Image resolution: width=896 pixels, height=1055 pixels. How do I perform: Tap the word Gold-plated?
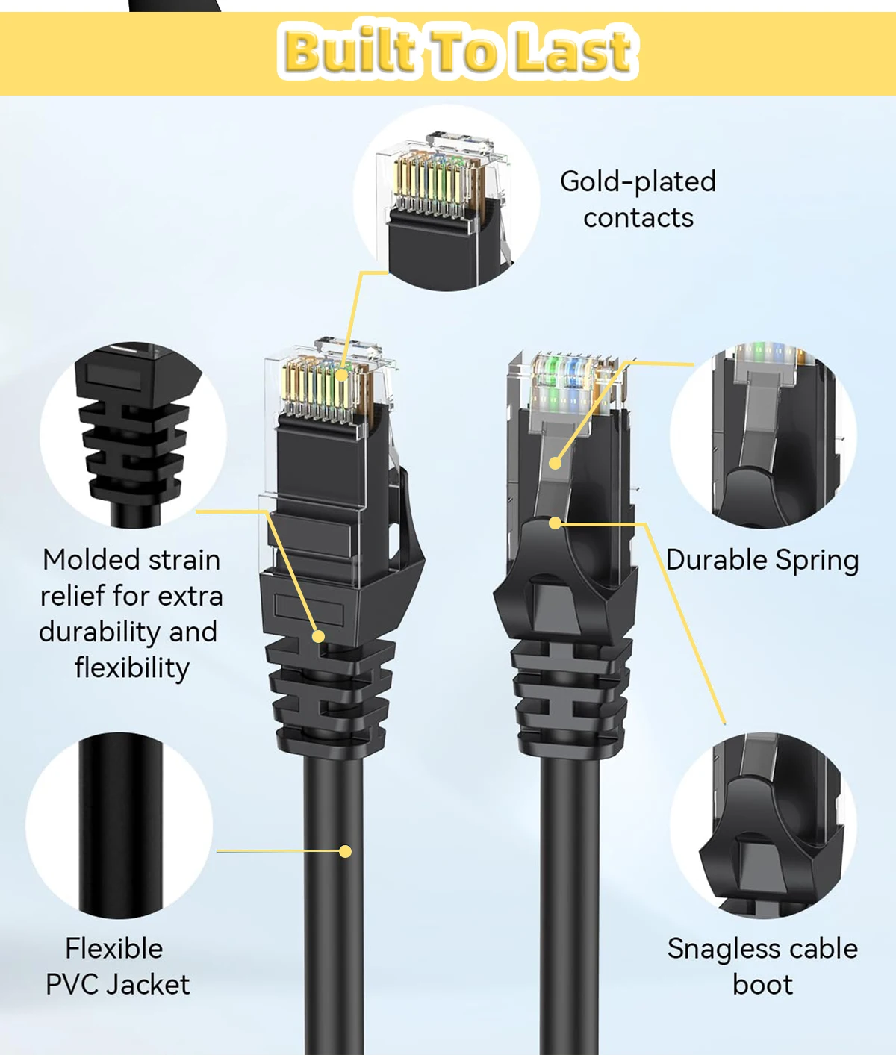pos(638,181)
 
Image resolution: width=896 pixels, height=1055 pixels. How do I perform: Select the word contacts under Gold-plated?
pos(638,218)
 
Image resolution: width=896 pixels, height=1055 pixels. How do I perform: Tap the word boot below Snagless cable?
pos(762,985)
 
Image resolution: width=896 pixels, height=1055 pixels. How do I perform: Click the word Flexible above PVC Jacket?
pos(114,949)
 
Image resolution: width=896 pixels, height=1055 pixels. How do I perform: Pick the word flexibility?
pos(132,667)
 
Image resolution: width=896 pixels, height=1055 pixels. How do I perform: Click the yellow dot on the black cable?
pos(345,851)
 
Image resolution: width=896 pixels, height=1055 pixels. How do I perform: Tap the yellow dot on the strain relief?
pos(319,636)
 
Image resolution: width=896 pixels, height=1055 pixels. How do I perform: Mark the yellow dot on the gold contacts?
pos(341,375)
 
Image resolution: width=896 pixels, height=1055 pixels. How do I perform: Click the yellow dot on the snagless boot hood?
pos(555,523)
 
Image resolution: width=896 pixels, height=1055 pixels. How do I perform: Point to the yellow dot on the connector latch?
pos(555,463)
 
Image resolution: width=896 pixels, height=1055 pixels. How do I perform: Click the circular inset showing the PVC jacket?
pos(119,825)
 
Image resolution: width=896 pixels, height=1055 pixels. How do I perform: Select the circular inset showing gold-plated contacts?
pos(447,198)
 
